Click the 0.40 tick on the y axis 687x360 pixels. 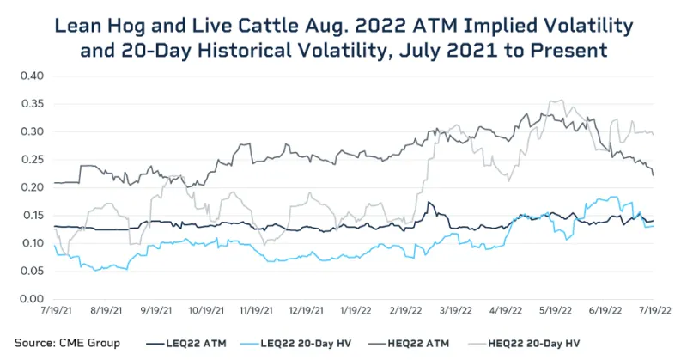31,76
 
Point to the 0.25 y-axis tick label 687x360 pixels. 31,160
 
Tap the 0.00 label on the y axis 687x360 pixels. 31,299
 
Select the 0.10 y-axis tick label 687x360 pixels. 31,243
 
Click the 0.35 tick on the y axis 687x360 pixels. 31,104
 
